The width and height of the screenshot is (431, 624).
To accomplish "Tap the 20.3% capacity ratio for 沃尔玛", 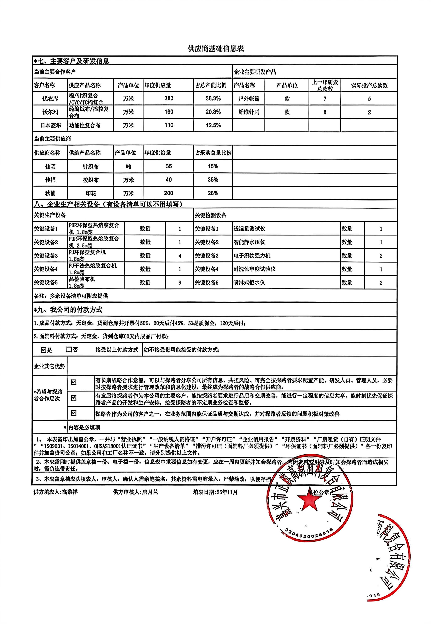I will click(x=213, y=112).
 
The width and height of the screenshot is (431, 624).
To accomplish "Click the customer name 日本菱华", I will click(x=50, y=125).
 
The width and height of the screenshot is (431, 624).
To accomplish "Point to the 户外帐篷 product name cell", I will click(x=249, y=99).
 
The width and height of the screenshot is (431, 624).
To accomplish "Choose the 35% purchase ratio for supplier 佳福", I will click(x=213, y=180).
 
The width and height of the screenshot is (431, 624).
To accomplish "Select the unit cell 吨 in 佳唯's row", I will click(x=128, y=166).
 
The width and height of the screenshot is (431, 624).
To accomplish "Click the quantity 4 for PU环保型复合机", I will click(x=180, y=256).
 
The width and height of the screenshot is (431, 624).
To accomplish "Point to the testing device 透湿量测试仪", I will click(x=249, y=229).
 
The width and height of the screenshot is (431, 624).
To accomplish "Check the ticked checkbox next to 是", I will click(x=43, y=350).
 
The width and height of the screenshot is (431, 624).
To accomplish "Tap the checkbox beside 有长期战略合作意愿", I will click(x=73, y=382).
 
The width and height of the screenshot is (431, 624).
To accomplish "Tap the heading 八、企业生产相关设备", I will click(x=108, y=204).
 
